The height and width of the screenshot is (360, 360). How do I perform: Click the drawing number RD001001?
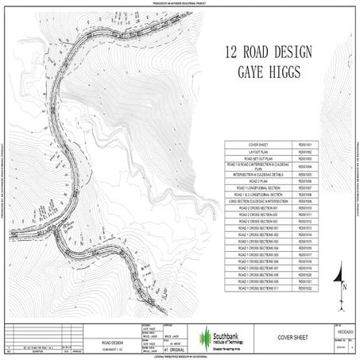pyautogui.click(x=303, y=145)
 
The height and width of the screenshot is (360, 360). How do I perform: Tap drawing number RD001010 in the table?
pyautogui.click(x=303, y=207)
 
